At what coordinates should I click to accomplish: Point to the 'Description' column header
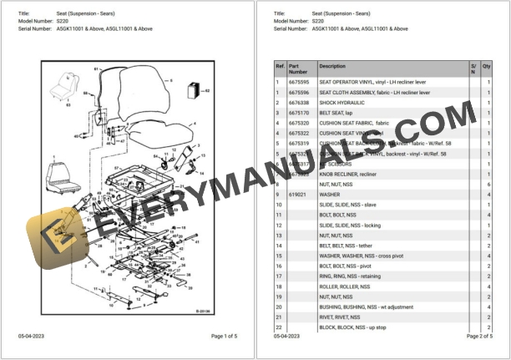(332, 66)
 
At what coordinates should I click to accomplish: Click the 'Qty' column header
(487, 66)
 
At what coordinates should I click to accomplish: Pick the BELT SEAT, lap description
(336, 112)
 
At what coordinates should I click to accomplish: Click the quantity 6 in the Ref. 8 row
(488, 184)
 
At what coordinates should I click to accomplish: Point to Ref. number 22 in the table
(279, 327)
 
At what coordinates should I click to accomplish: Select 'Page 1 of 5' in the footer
(224, 336)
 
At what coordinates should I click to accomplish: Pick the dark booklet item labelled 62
(195, 89)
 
